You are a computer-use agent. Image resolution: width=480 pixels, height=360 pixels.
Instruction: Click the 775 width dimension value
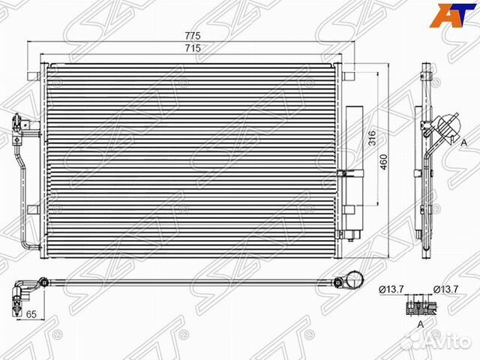click(x=193, y=36)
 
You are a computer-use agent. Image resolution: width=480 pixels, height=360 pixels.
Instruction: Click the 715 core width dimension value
click(x=193, y=48)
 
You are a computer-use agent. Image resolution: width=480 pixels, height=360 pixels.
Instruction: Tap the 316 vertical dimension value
click(x=371, y=138)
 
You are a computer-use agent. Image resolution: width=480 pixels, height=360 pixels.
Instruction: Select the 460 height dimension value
click(x=383, y=162)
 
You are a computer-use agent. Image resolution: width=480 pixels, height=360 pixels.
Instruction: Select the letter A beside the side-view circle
click(x=464, y=142)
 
